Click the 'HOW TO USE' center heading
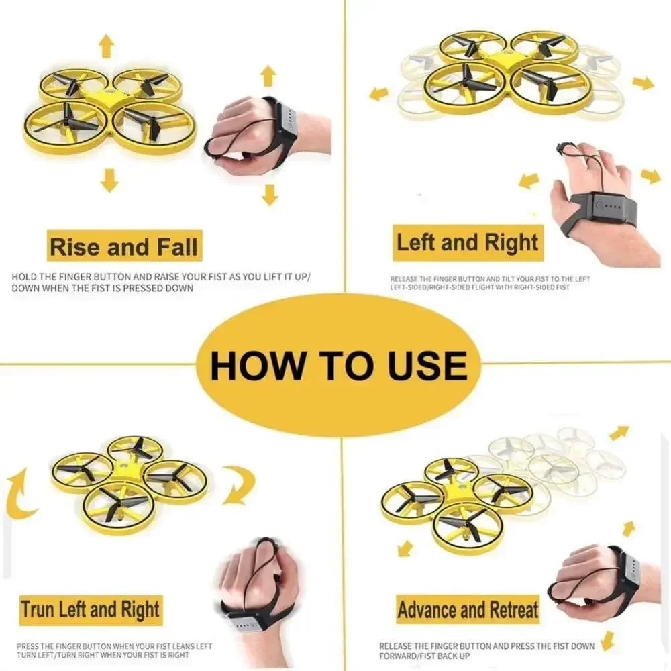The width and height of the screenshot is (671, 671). click(x=338, y=366)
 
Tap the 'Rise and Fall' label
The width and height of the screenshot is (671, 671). click(x=124, y=247)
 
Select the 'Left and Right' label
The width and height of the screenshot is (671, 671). click(x=468, y=242)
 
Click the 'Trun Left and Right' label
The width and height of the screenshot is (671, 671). click(x=90, y=610)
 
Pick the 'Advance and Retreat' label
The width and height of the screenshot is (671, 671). click(x=468, y=610)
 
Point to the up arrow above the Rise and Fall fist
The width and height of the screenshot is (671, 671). click(x=268, y=75)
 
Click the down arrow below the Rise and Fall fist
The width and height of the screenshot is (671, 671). click(x=270, y=194)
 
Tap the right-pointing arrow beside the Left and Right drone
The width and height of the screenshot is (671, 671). click(x=643, y=83)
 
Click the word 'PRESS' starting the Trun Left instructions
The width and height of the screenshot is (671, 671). click(x=28, y=646)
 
